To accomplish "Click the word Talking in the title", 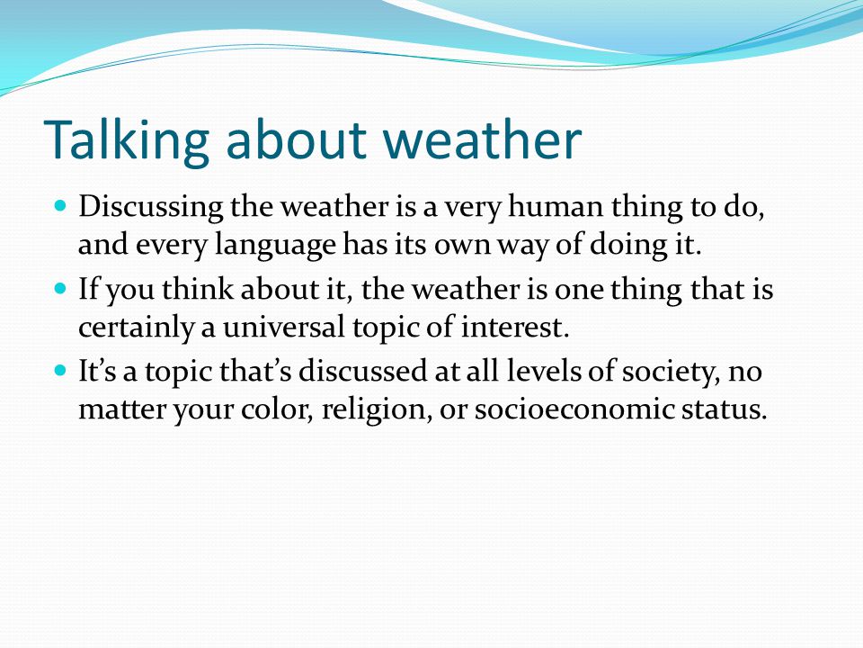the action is click(x=127, y=140).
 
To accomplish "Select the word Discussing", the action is click(x=151, y=208).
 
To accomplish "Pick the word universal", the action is click(x=283, y=327).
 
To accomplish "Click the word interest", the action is click(x=514, y=327).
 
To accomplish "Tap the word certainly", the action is click(x=136, y=328).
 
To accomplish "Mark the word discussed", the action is click(x=362, y=370).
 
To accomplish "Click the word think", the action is click(x=198, y=289).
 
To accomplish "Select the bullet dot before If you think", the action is click(x=60, y=288).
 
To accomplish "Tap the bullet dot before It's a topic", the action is click(x=60, y=370).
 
